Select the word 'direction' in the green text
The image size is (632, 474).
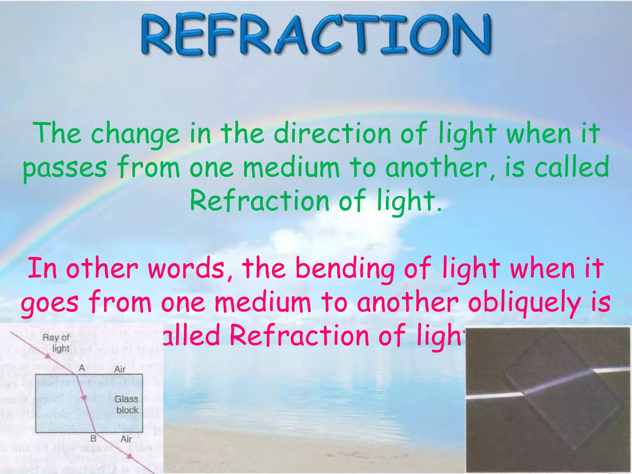click(x=332, y=133)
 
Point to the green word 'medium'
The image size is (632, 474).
click(x=291, y=168)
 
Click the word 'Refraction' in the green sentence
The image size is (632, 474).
click(x=260, y=201)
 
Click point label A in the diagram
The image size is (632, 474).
click(x=82, y=368)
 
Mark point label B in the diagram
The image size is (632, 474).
click(x=93, y=439)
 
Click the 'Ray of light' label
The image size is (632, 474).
click(x=56, y=343)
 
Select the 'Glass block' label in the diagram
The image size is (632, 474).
click(x=127, y=405)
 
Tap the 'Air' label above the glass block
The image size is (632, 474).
click(x=120, y=369)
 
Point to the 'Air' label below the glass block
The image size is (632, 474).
click(x=126, y=439)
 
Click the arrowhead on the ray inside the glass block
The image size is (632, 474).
click(x=83, y=398)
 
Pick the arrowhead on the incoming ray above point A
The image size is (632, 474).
click(x=48, y=356)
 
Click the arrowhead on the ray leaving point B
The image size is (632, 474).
click(x=130, y=456)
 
